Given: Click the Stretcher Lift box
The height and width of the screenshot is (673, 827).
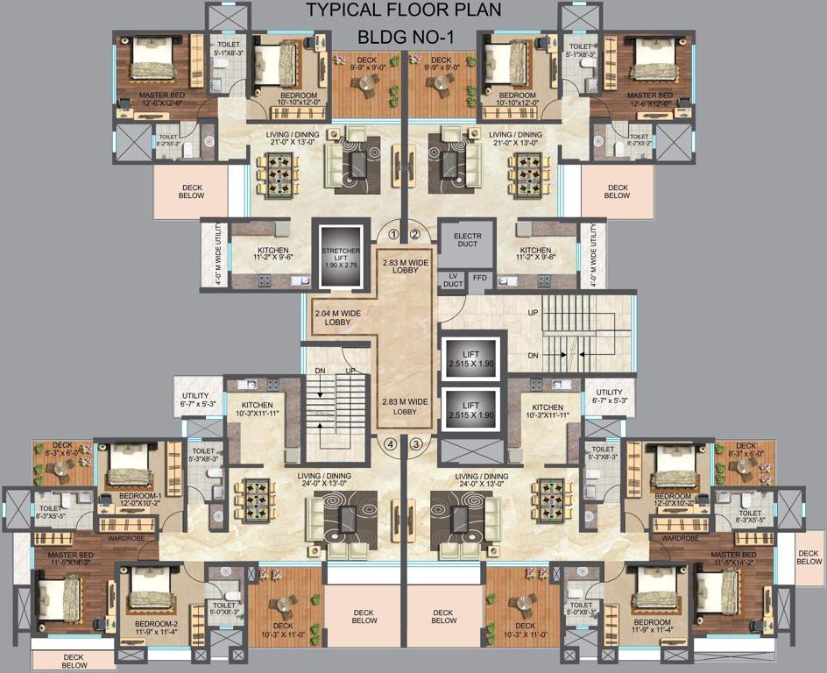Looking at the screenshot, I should click(340, 258).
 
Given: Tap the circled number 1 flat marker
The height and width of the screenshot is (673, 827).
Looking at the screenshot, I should click(393, 234).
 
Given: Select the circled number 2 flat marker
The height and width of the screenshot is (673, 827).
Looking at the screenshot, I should click(414, 234).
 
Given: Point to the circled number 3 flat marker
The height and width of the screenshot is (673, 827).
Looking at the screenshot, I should click(415, 443).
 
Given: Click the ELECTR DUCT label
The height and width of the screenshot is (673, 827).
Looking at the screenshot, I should click(467, 238).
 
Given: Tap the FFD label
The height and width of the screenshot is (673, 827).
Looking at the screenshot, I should click(479, 279).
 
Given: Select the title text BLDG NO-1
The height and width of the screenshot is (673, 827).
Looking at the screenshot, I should click(403, 38).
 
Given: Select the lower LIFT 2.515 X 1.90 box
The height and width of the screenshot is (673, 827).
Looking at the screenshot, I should click(471, 408).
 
